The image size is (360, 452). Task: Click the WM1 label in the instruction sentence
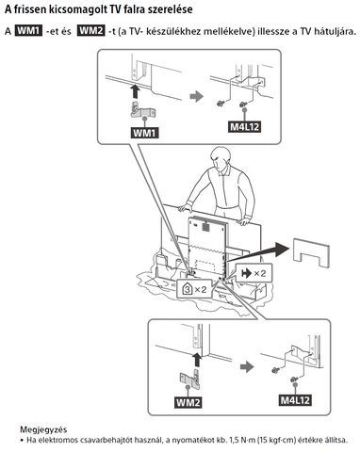coord(28,31)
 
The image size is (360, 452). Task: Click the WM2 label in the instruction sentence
coord(91,31)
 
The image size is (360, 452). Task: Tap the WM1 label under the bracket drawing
coord(145,133)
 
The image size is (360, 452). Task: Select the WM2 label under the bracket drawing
coord(188,402)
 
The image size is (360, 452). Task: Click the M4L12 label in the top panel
coord(245,126)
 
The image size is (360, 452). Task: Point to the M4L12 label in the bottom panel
coord(295,400)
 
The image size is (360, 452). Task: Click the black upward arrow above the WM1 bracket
coord(136,91)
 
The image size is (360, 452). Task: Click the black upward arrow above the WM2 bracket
coord(197,360)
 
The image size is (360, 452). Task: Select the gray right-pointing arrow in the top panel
coord(197,96)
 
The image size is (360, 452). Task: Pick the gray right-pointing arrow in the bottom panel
coord(247,366)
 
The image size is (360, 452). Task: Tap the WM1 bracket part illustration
coord(142,110)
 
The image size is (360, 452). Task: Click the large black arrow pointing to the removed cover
coord(257,251)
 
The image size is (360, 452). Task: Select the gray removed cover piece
coord(311,252)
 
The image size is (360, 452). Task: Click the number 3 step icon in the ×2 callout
coord(188,289)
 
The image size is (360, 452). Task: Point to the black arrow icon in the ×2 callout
coord(247,274)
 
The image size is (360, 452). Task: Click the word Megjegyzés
coord(43,429)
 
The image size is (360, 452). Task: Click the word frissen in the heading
coord(30,9)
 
